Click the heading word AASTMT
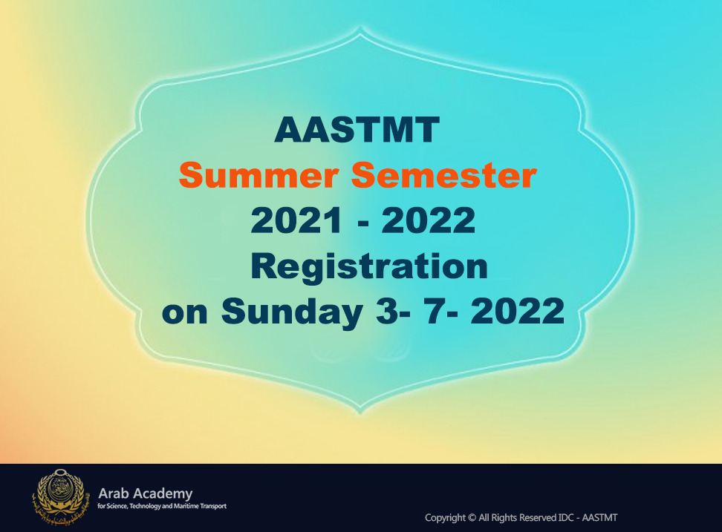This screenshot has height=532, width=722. point(357,130)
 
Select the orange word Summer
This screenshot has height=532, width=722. point(258,175)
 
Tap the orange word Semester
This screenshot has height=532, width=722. point(444,175)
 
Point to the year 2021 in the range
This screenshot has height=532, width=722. point(296,220)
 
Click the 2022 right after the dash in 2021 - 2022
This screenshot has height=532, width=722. point(429,220)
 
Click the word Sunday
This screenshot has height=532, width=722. point(292,312)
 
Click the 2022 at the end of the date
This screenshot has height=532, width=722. point(518,312)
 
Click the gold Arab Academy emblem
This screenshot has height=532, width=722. point(59,497)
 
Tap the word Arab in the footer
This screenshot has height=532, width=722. point(112,494)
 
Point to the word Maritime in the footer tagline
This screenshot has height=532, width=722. point(186,506)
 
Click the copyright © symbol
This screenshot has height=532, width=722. point(472,518)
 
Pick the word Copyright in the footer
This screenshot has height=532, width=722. point(445,518)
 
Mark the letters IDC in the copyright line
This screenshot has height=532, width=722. point(566,518)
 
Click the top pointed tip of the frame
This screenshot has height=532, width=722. point(360,27)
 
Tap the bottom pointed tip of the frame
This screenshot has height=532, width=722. point(360,413)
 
